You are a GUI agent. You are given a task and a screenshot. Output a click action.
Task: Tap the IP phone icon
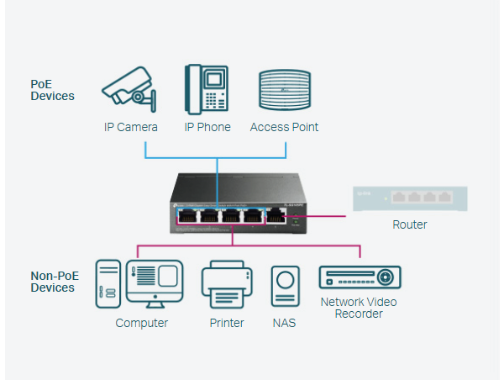[x=206, y=88]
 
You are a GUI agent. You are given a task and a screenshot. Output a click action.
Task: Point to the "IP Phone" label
[x=207, y=128]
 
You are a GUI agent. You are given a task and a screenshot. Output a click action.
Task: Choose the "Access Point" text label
[x=284, y=128]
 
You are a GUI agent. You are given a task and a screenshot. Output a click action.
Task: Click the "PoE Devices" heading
[x=52, y=90]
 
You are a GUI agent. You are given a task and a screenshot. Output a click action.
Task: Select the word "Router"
[x=410, y=224]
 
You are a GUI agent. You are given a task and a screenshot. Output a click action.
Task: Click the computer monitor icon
[x=154, y=284]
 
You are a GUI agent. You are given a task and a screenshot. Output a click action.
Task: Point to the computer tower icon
[x=108, y=283]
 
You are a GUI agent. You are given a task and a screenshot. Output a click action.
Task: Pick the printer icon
[x=227, y=286]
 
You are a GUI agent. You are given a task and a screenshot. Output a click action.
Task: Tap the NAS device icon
[x=284, y=287]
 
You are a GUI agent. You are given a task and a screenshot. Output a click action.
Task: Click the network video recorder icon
[x=360, y=278]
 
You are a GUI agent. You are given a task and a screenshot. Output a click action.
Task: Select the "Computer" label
[x=142, y=323]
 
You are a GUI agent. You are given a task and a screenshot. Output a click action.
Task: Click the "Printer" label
[x=227, y=323]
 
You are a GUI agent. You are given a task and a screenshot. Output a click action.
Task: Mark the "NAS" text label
[x=284, y=323]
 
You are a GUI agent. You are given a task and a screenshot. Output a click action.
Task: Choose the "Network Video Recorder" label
[x=359, y=308]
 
